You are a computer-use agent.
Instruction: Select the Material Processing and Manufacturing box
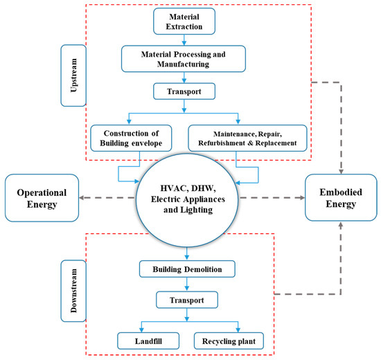[184, 58]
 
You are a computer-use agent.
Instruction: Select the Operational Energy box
[42, 197]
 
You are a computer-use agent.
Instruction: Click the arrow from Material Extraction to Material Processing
[184, 40]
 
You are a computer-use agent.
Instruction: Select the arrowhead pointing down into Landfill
[143, 328]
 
